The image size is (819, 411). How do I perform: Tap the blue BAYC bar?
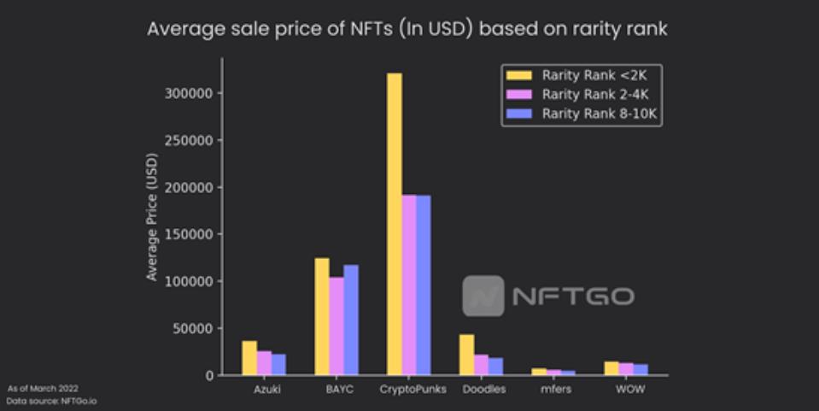[x=350, y=320]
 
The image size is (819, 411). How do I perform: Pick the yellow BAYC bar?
[x=321, y=316]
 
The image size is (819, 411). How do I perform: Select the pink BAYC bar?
[x=336, y=326]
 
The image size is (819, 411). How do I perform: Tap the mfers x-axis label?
[x=555, y=390]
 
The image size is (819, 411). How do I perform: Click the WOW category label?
[x=628, y=390]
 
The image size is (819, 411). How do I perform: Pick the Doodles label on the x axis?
[x=483, y=390]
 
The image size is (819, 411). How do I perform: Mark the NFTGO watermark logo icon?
[x=483, y=297]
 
